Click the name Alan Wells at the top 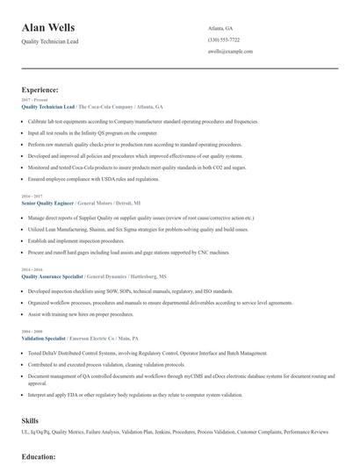(52, 28)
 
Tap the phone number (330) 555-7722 (223, 39)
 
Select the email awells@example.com (230, 52)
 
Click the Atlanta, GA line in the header (220, 27)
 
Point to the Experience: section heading (40, 90)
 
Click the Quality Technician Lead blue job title (47, 106)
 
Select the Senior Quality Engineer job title (48, 202)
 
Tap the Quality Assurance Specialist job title (52, 275)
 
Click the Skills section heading (31, 420)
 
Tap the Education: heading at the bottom (39, 457)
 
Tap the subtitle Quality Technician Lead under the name (50, 42)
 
